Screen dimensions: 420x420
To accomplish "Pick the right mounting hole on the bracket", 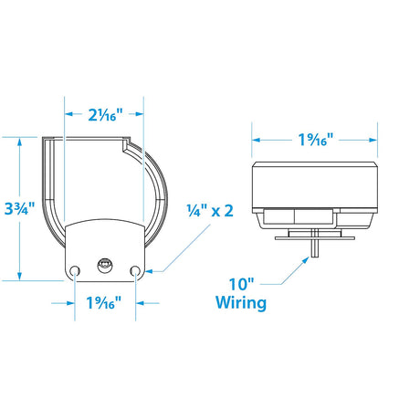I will coord(135,270).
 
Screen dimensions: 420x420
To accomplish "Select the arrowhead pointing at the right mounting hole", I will coord(146,271).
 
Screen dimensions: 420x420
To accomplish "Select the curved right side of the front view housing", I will coord(163,196).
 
